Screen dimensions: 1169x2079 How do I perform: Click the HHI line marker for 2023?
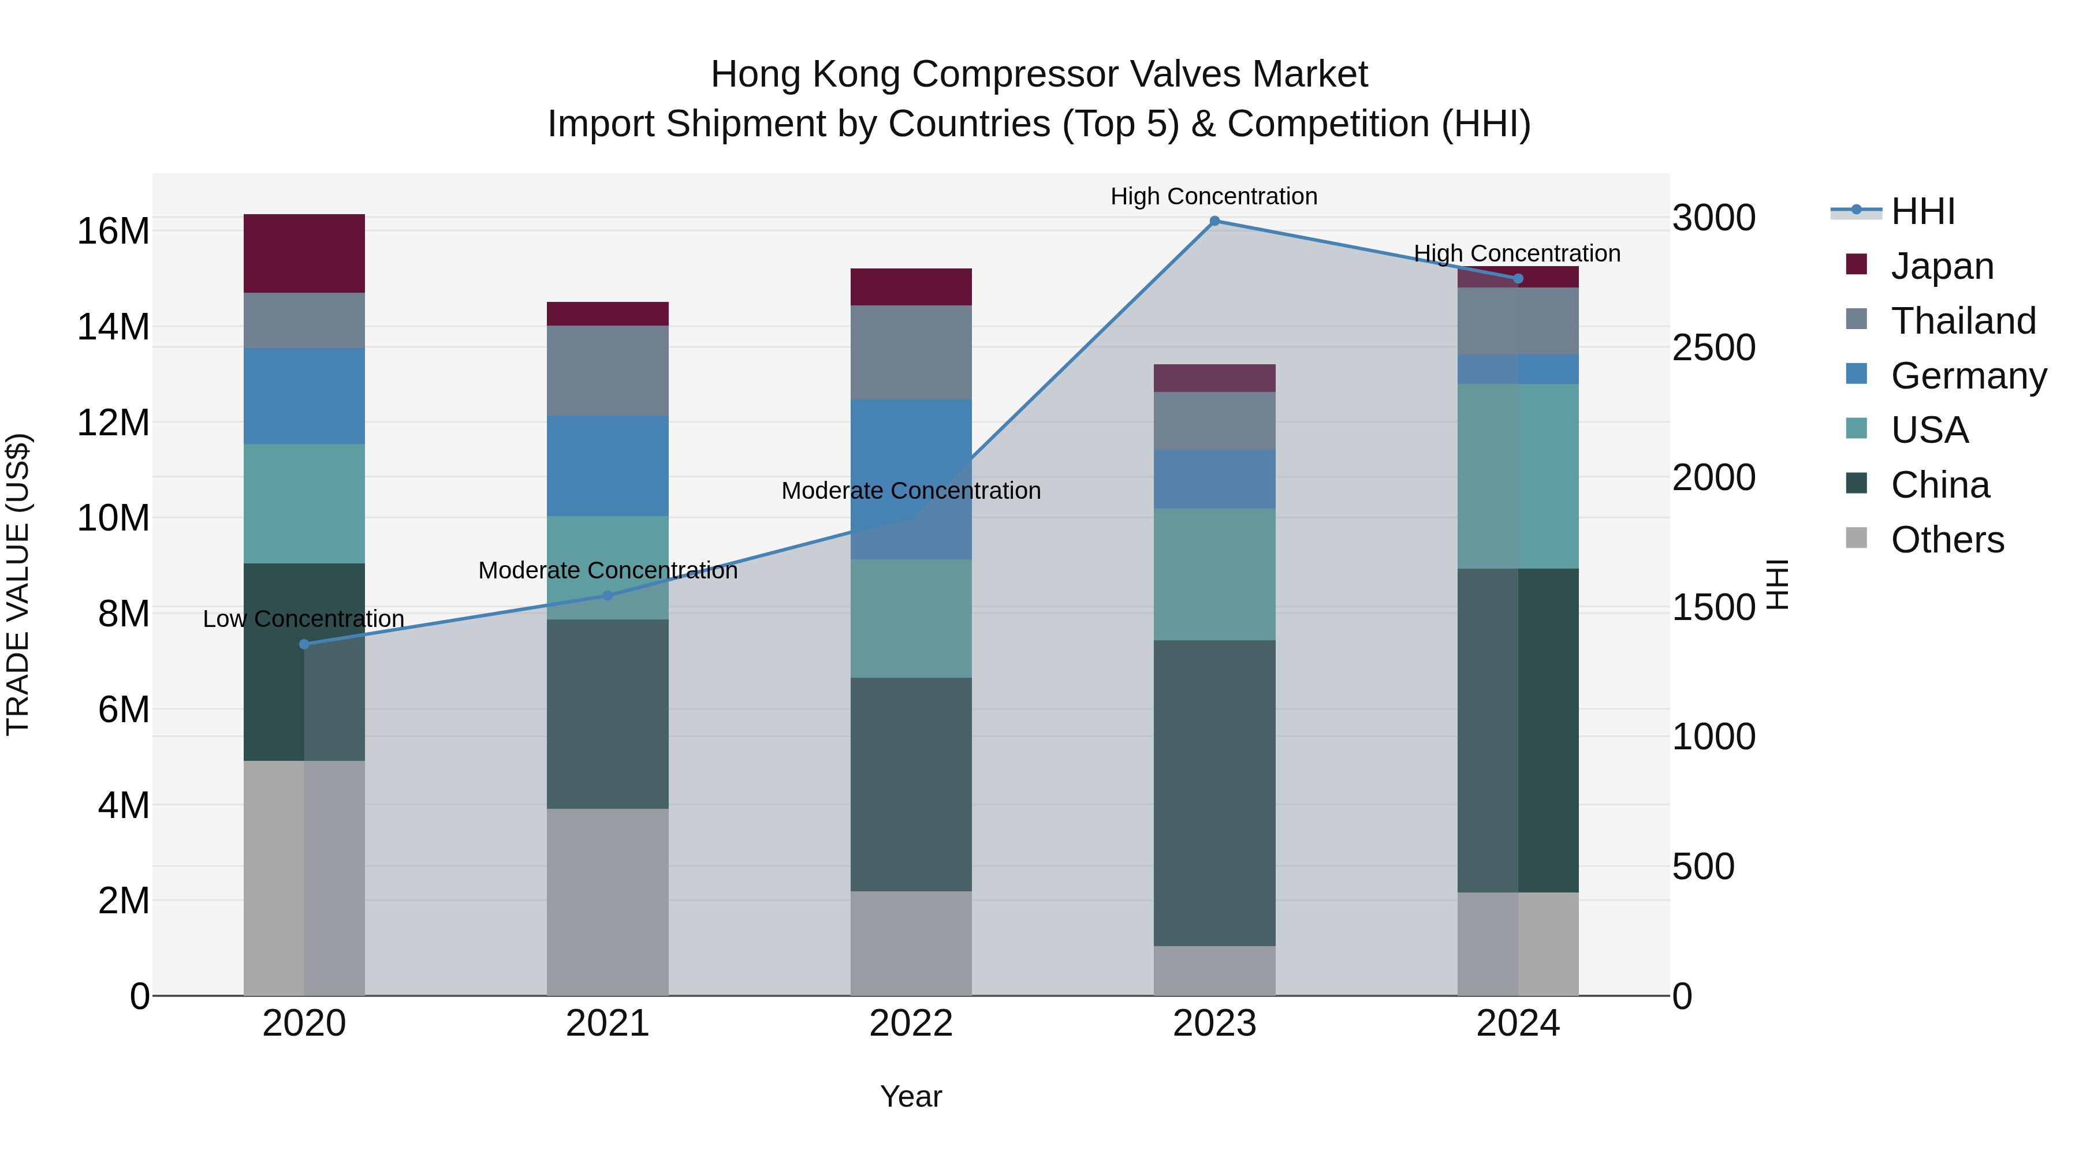[1214, 221]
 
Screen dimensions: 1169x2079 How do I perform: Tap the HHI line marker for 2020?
[304, 644]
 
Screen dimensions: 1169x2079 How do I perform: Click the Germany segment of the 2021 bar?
[608, 465]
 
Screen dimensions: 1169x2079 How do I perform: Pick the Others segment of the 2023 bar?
[1214, 970]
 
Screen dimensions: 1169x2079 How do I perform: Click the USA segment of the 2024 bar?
[1517, 476]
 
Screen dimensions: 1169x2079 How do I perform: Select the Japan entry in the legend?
[1942, 266]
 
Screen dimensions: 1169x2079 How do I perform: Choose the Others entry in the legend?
[1947, 539]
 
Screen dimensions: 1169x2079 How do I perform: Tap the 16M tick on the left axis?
[113, 231]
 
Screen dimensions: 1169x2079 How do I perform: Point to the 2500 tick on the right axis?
[1713, 348]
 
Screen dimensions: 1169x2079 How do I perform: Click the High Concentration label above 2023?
[1214, 196]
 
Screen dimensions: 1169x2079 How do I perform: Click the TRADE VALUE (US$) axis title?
[18, 584]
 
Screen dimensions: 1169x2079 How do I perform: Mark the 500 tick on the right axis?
[1703, 867]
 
